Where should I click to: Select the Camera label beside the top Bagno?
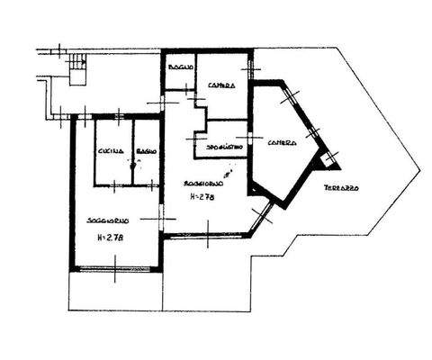coord(221,86)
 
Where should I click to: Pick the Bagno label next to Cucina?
coord(146,152)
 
